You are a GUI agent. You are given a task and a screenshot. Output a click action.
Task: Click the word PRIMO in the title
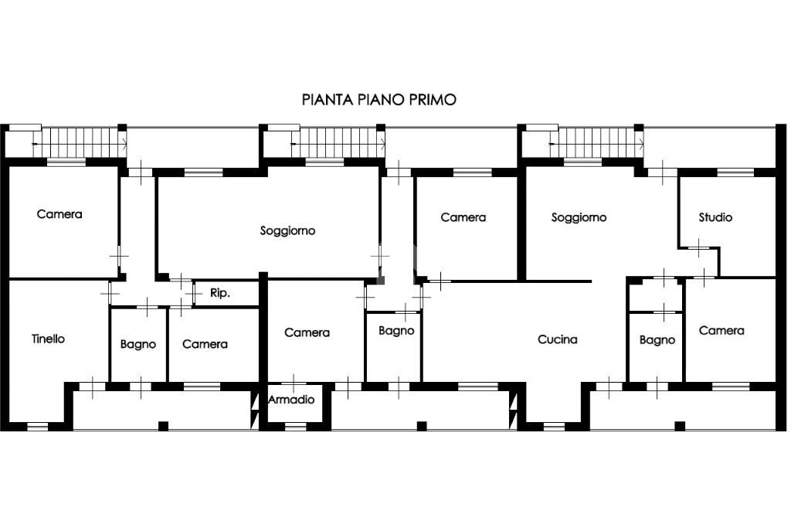[x=435, y=100]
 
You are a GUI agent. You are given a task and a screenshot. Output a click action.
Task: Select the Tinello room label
[x=49, y=339]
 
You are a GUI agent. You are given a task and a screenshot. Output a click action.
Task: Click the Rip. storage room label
[x=220, y=294]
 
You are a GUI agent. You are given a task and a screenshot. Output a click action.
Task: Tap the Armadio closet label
[x=291, y=400]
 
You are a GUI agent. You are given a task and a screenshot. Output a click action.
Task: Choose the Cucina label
[x=558, y=339]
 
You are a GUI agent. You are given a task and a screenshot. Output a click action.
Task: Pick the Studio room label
[x=715, y=217]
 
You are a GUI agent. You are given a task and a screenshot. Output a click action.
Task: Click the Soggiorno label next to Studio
[x=579, y=217]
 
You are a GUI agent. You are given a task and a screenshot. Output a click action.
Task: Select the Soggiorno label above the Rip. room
[x=287, y=230]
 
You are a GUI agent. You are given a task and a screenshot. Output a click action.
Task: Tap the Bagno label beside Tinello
[x=138, y=344]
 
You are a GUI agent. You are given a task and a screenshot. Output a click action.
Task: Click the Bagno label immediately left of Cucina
[x=396, y=331]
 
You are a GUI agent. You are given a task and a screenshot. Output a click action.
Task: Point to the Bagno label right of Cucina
[x=657, y=339]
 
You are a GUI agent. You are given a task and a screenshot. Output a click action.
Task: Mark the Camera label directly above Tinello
[x=59, y=214]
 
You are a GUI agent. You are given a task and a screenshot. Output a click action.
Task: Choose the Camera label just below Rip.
[x=205, y=344]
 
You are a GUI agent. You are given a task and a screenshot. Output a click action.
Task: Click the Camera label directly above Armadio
[x=307, y=332]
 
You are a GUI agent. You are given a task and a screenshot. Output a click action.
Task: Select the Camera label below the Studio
[x=721, y=330]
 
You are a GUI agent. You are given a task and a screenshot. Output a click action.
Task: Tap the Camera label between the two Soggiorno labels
[x=463, y=217]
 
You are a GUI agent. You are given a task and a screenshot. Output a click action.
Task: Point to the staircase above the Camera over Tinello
[x=83, y=141]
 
